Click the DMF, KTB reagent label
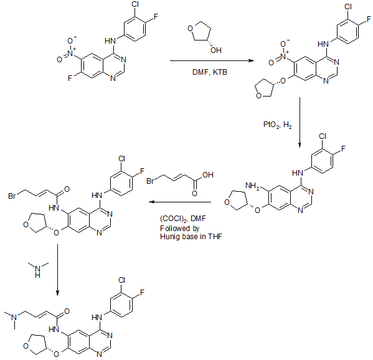coord(210,72)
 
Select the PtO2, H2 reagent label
coord(277,125)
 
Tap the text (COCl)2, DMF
coord(183,219)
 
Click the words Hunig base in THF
coord(191,237)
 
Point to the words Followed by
coord(179,229)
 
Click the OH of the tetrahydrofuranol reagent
coord(216,50)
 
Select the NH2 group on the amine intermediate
coord(252,186)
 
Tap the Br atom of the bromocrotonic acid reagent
coord(150,181)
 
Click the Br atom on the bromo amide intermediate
coord(12,196)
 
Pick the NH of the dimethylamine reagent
coord(37,272)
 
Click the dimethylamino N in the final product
coord(14,317)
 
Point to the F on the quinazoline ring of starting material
coord(70,78)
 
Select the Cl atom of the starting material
coord(135,4)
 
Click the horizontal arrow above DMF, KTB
coord(212,60)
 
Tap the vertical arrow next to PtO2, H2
coord(300,122)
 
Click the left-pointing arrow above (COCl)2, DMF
coord(180,202)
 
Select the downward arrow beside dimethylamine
coord(57,270)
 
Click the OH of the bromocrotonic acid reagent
coord(207,175)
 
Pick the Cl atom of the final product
coord(121,280)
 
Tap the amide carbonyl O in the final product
coord(67,311)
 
